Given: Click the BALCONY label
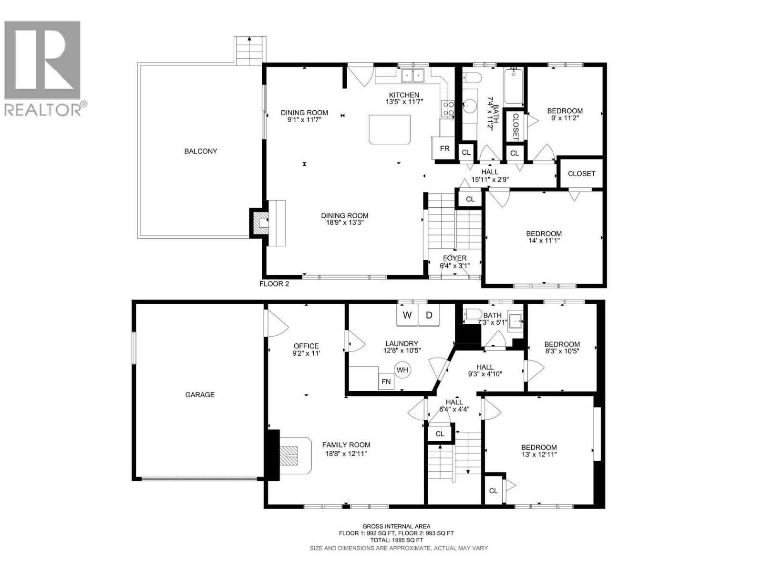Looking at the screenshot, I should pos(201,151).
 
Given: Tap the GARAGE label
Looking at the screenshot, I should pos(200,395).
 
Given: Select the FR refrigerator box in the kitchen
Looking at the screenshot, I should pos(444,149).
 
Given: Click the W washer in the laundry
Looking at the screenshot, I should pos(407,316).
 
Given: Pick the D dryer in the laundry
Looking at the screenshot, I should pos(429,316).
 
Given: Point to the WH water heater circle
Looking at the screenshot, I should pos(402,370).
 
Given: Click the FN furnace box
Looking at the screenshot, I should pos(386,382).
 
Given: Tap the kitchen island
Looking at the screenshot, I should pos(390,129).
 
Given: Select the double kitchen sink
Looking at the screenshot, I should pos(413,75).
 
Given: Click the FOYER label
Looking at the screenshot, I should pos(454,258).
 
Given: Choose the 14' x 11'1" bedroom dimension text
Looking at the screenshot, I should pos(544,241).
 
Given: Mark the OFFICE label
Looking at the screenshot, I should pos(306,346).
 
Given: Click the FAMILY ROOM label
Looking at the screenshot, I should pos(346,445).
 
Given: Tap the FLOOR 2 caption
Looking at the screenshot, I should pos(274,284).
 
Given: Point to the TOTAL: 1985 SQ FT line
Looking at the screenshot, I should pos(399,540).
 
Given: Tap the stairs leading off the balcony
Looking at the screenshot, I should pos(248,51).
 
